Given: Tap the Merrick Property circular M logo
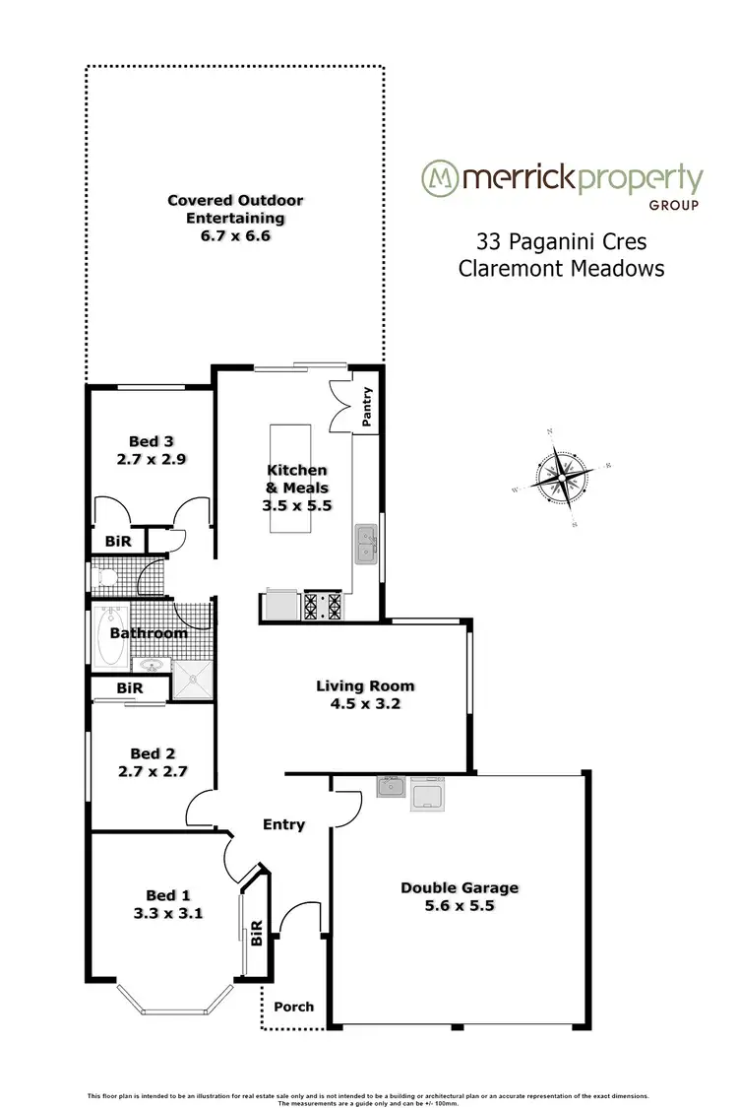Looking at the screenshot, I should pos(441,178).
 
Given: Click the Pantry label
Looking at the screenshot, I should pos(367,409).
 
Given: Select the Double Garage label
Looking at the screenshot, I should pos(460,887).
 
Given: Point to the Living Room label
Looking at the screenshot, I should pos(365,685).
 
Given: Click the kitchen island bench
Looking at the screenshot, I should pos(287,478).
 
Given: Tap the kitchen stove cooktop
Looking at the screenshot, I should pos(323,605).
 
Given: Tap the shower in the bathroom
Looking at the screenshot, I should pos(193,679).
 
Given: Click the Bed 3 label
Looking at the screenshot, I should pos(151,441).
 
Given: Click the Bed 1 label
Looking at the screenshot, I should pos(168,894).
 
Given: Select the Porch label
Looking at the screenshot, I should pos(294,1006).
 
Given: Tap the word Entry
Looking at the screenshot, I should pos(284,824).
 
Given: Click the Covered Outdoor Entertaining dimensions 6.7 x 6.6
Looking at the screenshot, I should pos(235,235).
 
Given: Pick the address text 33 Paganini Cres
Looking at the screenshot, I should pos(561,241).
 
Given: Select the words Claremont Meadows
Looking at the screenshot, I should pos(561,268).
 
